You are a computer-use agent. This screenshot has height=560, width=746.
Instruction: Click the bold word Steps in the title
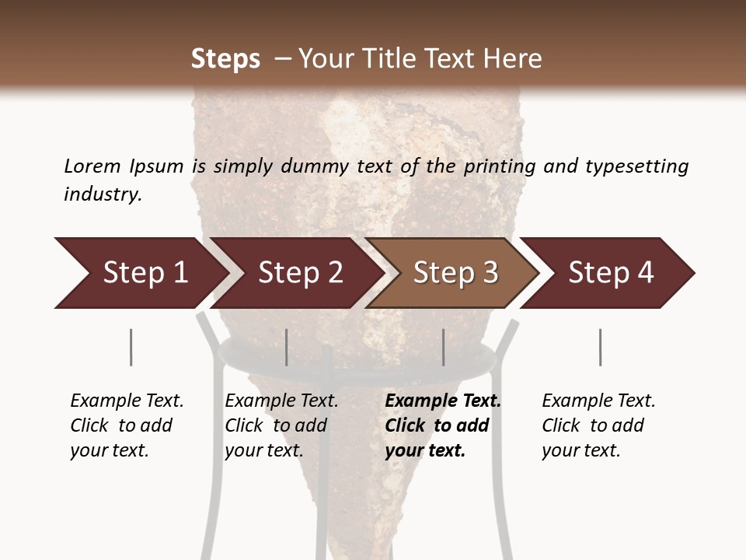click(225, 59)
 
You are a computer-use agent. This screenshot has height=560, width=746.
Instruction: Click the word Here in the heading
click(514, 59)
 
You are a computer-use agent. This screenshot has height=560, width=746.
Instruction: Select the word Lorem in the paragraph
click(92, 166)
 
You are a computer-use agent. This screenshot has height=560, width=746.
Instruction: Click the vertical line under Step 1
click(131, 347)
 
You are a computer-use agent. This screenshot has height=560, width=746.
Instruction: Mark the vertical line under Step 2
click(287, 347)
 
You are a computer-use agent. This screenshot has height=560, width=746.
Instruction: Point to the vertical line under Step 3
click(444, 347)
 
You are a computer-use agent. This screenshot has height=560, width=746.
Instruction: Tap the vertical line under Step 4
click(600, 347)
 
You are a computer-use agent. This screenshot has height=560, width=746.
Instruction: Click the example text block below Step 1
click(126, 425)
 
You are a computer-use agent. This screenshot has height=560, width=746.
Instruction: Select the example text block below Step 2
click(281, 425)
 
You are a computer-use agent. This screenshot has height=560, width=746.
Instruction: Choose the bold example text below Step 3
click(441, 425)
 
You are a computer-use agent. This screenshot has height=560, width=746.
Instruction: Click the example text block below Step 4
click(598, 425)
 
